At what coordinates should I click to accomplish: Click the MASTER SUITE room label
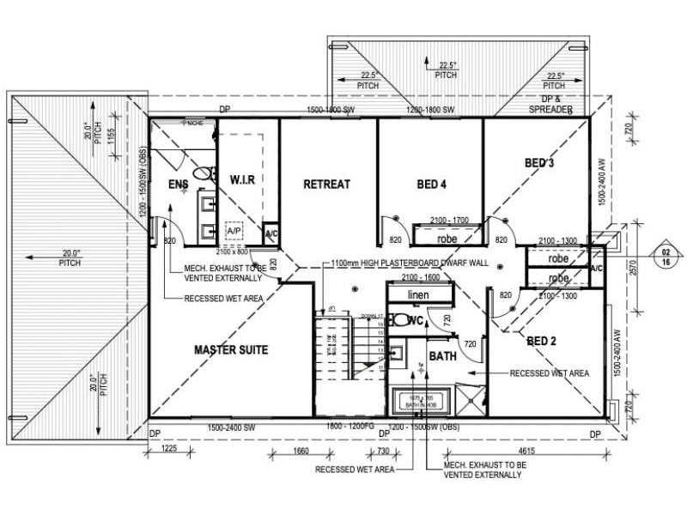pos(230,349)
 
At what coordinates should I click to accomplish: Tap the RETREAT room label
pos(326,184)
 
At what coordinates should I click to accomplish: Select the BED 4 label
pos(431,184)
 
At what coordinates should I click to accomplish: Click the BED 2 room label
pos(542,341)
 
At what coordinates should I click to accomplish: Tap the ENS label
pos(178,185)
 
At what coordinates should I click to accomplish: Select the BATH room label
pos(443,355)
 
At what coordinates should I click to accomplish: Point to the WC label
pos(416,321)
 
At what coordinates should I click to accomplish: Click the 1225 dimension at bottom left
pos(168,448)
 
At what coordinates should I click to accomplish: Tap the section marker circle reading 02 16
pos(666,258)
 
